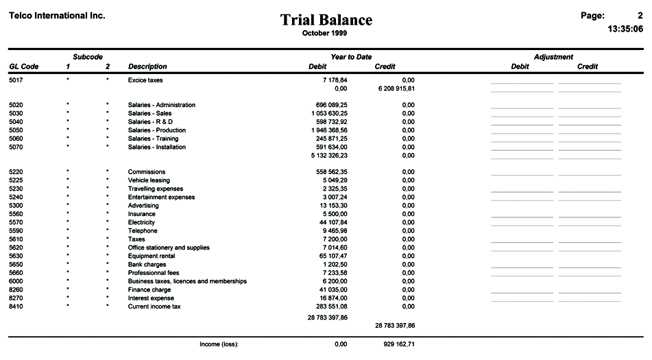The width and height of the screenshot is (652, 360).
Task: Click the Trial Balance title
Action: click(x=326, y=20)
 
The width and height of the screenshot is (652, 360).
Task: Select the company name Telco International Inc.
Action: click(x=57, y=15)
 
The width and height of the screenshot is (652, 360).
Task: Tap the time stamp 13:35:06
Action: click(x=625, y=29)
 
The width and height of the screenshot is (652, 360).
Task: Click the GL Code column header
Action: click(x=23, y=67)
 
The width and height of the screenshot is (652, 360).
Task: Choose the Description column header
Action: click(x=147, y=67)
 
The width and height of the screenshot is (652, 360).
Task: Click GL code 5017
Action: click(x=16, y=80)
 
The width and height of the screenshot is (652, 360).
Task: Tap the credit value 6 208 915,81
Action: click(x=396, y=88)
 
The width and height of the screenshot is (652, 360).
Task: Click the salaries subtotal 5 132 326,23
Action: click(x=328, y=155)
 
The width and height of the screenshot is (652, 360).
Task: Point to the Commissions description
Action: click(x=147, y=172)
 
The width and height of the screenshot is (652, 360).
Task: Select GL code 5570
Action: click(x=16, y=222)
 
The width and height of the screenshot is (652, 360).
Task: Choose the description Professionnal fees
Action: click(x=154, y=273)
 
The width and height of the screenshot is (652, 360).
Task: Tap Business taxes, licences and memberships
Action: click(x=187, y=281)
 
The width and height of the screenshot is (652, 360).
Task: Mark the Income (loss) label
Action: click(x=218, y=344)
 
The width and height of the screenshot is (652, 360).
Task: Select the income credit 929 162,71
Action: click(x=399, y=344)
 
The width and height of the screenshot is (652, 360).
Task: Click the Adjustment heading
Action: click(x=553, y=57)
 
